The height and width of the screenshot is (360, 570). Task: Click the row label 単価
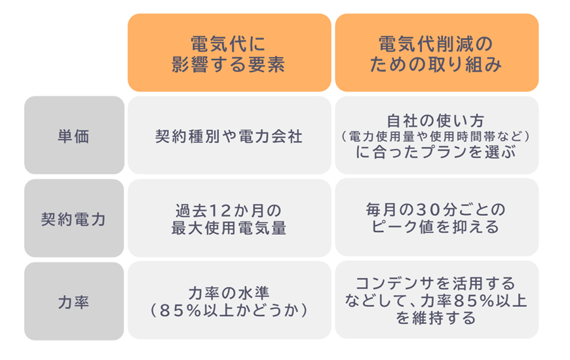[74, 136]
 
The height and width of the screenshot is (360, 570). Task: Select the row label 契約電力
[74, 219]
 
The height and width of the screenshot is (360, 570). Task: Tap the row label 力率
[74, 302]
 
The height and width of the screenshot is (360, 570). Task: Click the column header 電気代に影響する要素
[229, 54]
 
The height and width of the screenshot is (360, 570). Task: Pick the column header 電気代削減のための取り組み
[436, 54]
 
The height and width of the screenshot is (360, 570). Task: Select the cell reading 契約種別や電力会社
[229, 136]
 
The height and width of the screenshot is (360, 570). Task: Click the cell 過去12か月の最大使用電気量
[229, 219]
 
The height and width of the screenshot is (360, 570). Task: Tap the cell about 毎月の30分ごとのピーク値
[436, 218]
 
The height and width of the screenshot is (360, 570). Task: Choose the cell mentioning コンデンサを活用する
[436, 301]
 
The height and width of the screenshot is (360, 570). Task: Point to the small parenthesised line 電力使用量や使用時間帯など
[436, 137]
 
